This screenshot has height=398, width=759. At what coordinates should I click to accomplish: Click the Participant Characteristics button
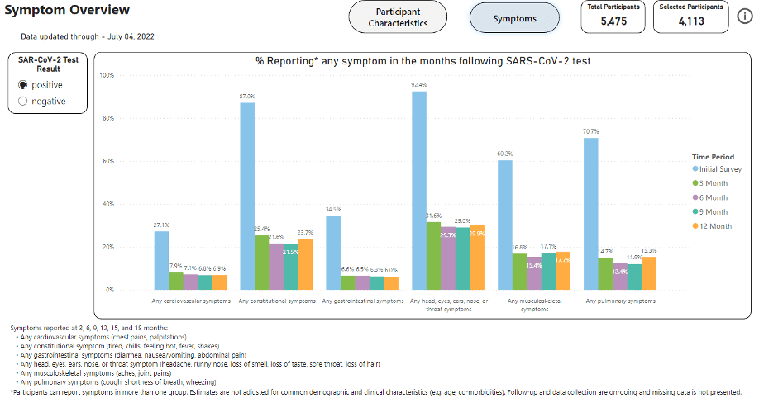tap(398, 17)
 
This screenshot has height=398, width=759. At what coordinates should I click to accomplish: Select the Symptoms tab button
tap(514, 17)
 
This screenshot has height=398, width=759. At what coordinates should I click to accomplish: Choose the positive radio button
tap(22, 85)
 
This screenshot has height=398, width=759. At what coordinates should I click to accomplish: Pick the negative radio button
tap(22, 102)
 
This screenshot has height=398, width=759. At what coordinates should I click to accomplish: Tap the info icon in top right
tap(744, 17)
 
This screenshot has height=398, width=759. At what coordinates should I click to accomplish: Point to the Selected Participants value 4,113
tap(690, 21)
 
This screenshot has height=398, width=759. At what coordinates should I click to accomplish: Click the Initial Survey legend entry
tap(718, 168)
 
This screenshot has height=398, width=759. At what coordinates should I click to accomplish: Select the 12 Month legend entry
tap(716, 225)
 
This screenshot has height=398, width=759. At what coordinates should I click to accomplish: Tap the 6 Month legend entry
tap(714, 197)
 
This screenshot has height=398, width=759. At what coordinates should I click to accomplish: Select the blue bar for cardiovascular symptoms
tap(161, 260)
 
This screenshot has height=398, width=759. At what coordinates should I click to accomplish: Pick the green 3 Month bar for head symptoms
tap(433, 256)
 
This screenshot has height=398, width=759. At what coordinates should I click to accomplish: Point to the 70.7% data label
tap(590, 132)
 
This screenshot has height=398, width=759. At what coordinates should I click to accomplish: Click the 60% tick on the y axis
tap(107, 161)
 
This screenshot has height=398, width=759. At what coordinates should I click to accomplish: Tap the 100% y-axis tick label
tap(106, 75)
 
